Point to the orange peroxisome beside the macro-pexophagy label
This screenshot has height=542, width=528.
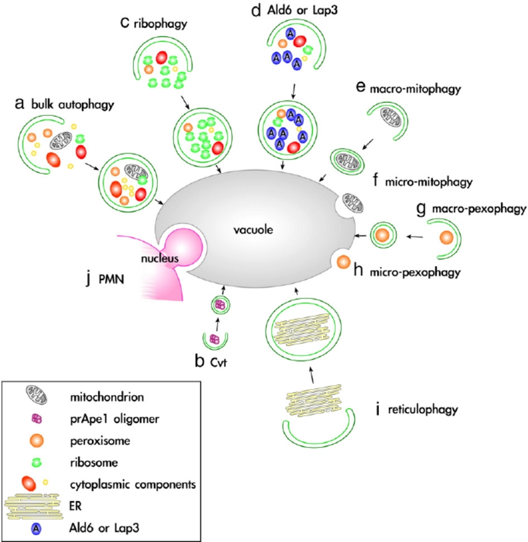[447, 238]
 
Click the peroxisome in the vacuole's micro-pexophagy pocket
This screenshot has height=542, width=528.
[344, 263]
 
